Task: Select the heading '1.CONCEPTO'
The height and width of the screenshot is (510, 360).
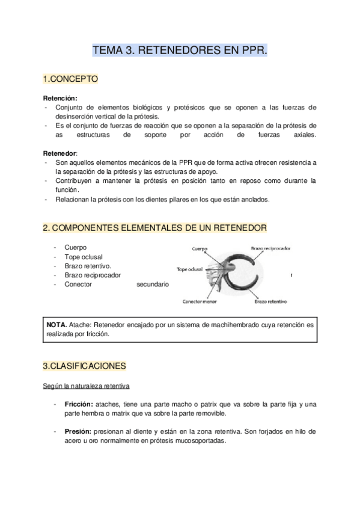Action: (x=70, y=79)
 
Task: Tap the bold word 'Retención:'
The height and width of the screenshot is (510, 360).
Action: (x=60, y=98)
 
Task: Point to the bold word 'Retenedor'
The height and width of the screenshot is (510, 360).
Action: (x=59, y=153)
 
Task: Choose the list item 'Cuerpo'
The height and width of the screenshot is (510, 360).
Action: (x=75, y=247)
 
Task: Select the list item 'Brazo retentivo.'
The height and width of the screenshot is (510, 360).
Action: (x=88, y=266)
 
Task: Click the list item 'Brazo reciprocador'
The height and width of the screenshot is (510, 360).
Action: (x=93, y=275)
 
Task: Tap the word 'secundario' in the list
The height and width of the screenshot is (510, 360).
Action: (x=153, y=284)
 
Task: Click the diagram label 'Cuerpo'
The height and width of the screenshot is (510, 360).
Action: (x=200, y=248)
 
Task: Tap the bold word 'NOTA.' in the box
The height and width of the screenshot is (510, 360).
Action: (x=56, y=324)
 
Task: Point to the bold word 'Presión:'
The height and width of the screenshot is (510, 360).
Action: (x=78, y=431)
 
